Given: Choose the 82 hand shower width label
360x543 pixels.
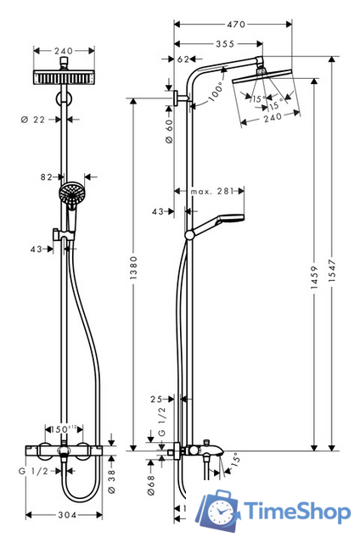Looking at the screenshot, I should [x=47, y=176].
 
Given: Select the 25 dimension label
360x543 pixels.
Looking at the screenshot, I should [x=155, y=398].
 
